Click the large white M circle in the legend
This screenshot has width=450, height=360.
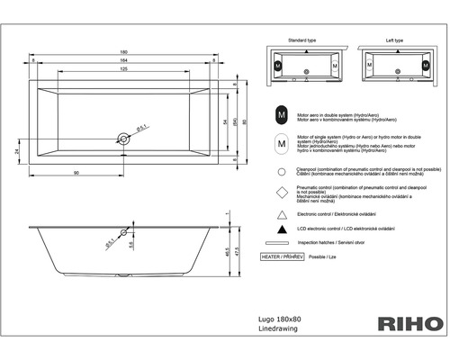click(282, 144)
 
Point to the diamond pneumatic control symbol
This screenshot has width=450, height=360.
click(282, 193)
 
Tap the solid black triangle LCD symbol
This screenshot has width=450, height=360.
click(282, 229)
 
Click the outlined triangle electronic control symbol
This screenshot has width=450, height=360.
click(282, 214)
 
